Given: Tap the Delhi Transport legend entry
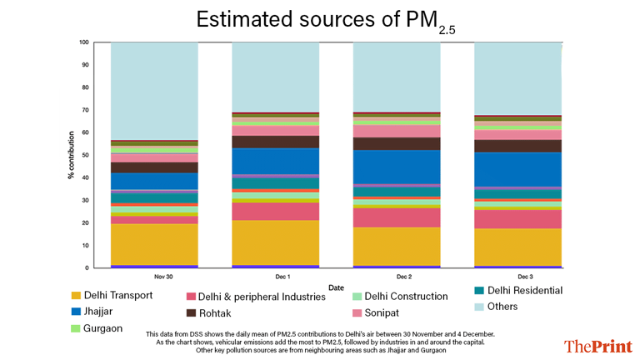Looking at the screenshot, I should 112,296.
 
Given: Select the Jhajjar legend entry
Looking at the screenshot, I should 97,312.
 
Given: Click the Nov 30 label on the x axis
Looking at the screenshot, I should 153,276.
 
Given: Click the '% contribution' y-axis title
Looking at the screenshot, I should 71,154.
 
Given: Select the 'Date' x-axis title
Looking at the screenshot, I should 336,287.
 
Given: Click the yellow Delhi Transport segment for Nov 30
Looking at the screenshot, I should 153,243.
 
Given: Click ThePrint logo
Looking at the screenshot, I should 597,346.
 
